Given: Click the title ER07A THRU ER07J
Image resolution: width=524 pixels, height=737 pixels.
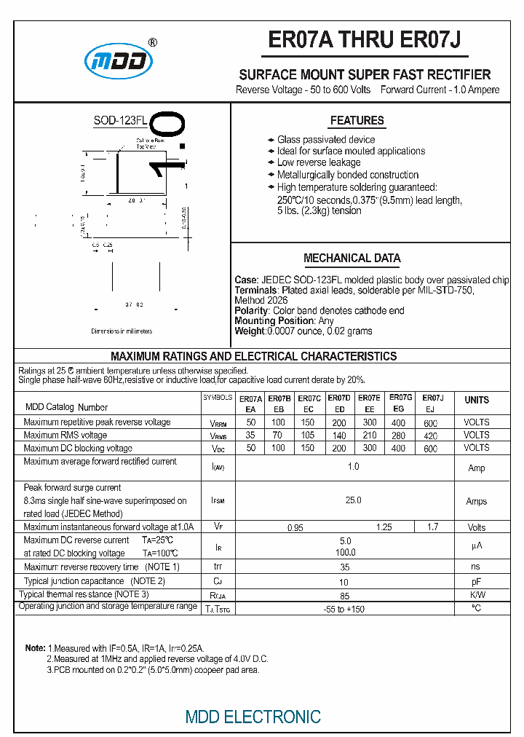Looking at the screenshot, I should (x=364, y=41).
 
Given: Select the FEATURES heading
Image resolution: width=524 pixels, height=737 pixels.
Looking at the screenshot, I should (x=357, y=121).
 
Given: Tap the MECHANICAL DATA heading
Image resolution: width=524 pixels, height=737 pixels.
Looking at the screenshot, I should (x=352, y=259).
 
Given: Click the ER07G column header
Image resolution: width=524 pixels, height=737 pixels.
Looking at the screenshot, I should (x=400, y=398).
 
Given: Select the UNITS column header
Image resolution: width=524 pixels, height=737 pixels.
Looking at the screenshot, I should (x=477, y=401).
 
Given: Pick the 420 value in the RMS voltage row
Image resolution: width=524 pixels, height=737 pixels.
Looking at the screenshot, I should (x=431, y=435).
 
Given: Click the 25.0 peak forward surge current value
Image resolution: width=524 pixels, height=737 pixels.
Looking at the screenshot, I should (x=353, y=500).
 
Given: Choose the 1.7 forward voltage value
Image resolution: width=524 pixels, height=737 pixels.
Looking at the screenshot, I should (x=432, y=527).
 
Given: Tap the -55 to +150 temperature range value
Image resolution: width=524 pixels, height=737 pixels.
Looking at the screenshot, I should (x=344, y=609).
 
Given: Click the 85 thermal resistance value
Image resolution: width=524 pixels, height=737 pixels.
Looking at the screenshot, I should (x=344, y=596).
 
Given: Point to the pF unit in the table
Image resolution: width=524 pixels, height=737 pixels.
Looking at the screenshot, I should (x=476, y=582).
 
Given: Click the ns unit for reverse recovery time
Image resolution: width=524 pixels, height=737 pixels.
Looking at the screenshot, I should (x=476, y=566).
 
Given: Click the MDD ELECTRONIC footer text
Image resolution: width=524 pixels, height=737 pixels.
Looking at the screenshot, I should (x=253, y=717).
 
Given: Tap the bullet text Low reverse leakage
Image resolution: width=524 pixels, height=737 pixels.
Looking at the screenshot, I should (x=319, y=162).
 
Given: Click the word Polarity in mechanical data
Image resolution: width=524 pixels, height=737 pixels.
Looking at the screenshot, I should (x=252, y=310).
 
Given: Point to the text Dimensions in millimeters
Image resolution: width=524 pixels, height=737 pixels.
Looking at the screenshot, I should (x=122, y=331).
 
